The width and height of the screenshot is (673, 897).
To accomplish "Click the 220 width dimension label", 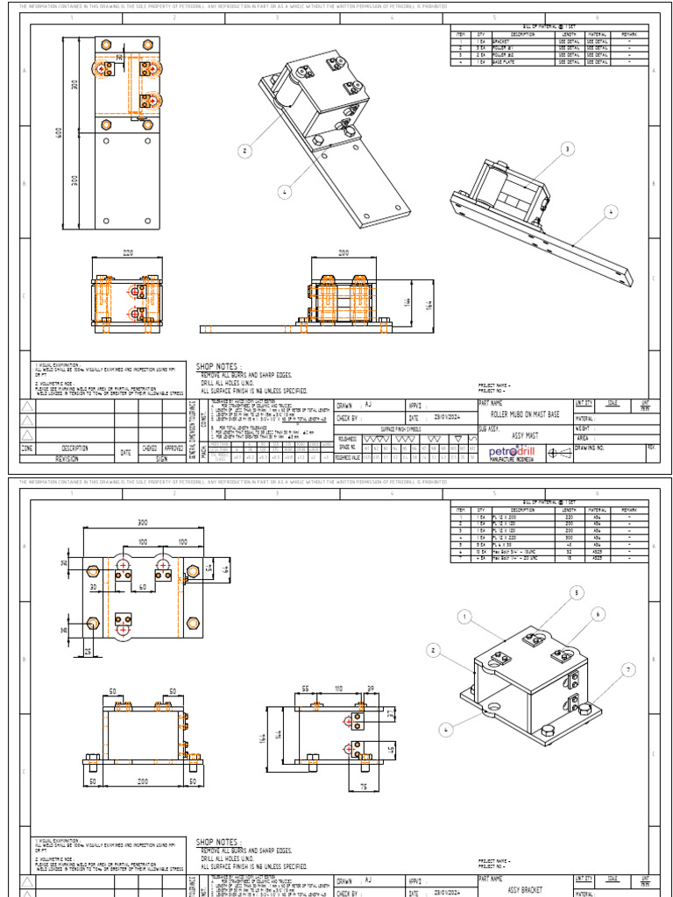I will pyautogui.click(x=128, y=252).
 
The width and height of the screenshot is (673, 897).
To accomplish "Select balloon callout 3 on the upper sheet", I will pyautogui.click(x=567, y=150).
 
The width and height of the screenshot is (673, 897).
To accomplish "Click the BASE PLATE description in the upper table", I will pyautogui.click(x=506, y=62).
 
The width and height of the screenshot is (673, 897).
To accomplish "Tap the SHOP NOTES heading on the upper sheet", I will pyautogui.click(x=216, y=365).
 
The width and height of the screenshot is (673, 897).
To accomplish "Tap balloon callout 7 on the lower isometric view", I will pyautogui.click(x=627, y=671).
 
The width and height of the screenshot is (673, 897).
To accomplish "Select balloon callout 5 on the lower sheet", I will pyautogui.click(x=577, y=593).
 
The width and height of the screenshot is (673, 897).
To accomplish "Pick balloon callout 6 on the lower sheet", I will pyautogui.click(x=599, y=615).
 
